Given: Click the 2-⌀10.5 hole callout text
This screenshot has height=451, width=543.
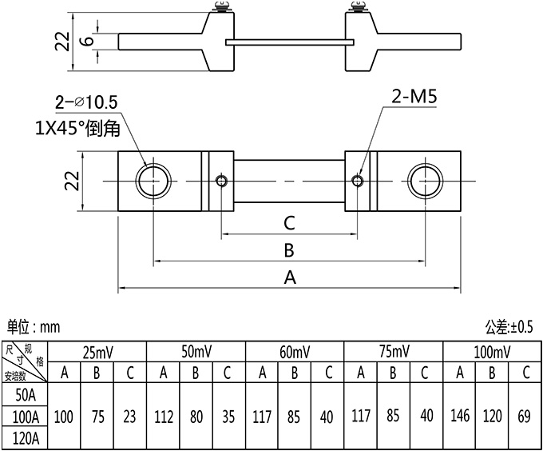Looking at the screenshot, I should tap(85, 102).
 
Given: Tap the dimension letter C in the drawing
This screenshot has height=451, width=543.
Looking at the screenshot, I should tap(289, 222).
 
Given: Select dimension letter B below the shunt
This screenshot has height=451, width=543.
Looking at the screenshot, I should tap(289, 250).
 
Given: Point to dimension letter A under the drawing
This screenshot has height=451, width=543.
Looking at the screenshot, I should tap(289, 277).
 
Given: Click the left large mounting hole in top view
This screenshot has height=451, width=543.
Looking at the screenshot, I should tap(153, 182).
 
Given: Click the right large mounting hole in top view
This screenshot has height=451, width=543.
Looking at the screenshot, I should tap(425, 182).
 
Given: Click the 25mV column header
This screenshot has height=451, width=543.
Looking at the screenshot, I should tap(97, 352).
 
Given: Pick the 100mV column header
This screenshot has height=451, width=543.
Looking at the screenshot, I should tap(492, 352).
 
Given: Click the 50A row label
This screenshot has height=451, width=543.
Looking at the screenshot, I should tap(26, 394).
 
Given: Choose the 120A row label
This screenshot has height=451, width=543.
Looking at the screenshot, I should tap(26, 438).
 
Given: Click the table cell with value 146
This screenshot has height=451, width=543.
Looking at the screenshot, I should tap(459, 417).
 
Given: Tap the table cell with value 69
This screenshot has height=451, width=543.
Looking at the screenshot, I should tap(525, 417).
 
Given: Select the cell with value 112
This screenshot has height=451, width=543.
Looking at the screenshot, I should tap(162, 417).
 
